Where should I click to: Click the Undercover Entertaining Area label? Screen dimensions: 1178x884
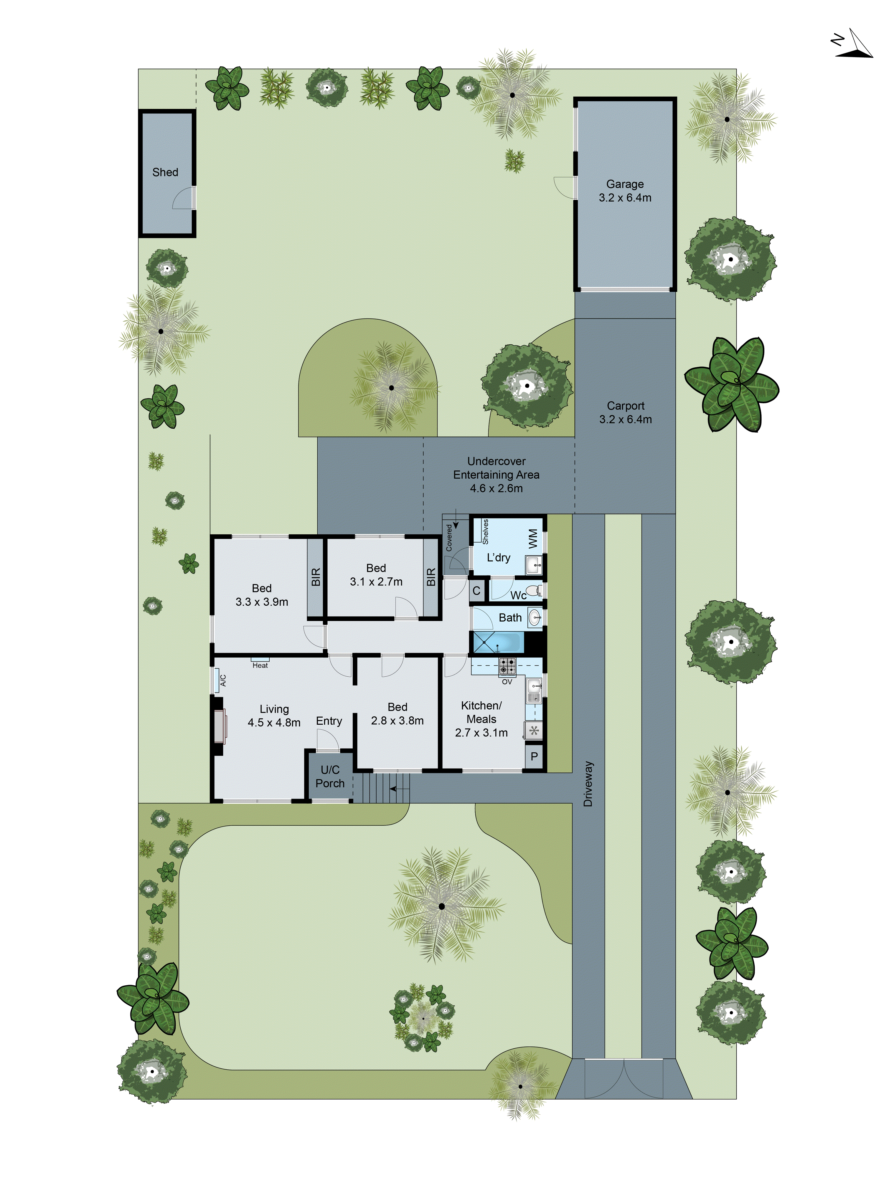point(496,475)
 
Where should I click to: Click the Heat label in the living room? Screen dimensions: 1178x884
point(260,665)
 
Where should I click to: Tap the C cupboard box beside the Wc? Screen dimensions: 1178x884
point(476,591)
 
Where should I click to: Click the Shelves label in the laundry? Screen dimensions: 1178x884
point(485,531)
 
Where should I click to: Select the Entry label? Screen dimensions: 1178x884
point(329,721)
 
